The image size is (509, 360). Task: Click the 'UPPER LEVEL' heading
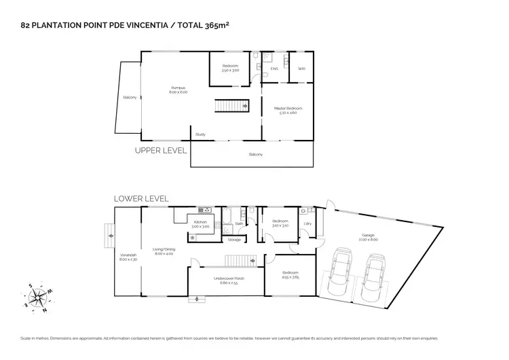tap(160, 150)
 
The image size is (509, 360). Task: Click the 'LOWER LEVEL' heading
tap(141, 198)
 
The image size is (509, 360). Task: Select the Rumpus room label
tap(178, 89)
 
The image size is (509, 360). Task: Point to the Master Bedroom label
tap(288, 109)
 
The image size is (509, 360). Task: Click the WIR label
tap(301, 69)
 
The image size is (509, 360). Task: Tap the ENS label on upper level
tap(274, 69)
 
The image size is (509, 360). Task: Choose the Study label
tap(200, 134)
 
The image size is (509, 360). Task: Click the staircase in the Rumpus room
tap(229, 107)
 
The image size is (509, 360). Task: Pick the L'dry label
tap(307, 223)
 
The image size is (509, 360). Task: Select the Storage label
tap(234, 240)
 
